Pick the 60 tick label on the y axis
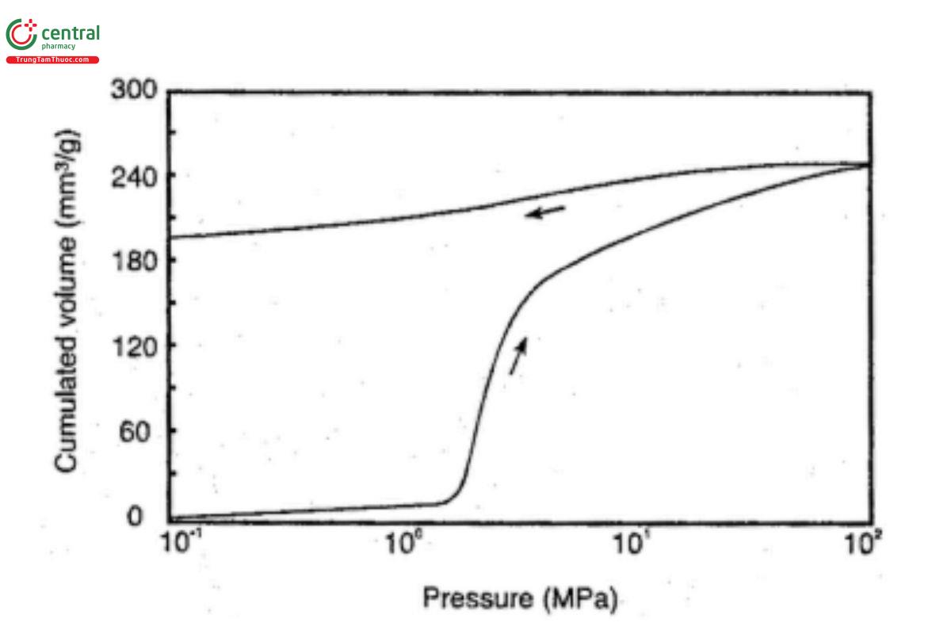pyautogui.click(x=143, y=432)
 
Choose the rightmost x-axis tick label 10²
pyautogui.click(x=858, y=546)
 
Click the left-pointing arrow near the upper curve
pyautogui.click(x=548, y=211)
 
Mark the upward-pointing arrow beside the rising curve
pyautogui.click(x=518, y=355)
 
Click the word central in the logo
pyautogui.click(x=70, y=33)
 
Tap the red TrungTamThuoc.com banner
pyautogui.click(x=53, y=59)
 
